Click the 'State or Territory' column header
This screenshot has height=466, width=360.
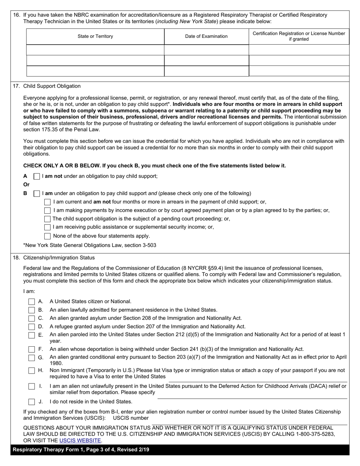pyautogui.click(x=95, y=36)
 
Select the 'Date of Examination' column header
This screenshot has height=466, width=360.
pyautogui.click(x=206, y=36)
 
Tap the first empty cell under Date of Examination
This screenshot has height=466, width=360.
pyautogui.click(x=206, y=50)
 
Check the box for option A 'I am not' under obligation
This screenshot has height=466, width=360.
pyautogui.click(x=37, y=176)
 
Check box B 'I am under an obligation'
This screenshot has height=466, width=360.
pyautogui.click(x=37, y=193)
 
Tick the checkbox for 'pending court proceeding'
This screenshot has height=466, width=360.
pyautogui.click(x=47, y=219)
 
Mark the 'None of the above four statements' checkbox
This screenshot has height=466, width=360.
pyautogui.click(x=47, y=236)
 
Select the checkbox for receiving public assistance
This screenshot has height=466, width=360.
pyautogui.click(x=47, y=227)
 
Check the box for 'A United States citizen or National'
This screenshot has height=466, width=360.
pyautogui.click(x=32, y=302)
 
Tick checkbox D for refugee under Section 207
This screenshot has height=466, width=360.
pyautogui.click(x=32, y=327)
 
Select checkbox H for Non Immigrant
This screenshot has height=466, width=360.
pyautogui.click(x=32, y=371)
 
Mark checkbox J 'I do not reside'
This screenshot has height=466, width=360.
pyautogui.click(x=32, y=402)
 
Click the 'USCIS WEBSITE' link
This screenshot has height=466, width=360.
pyautogui.click(x=80, y=441)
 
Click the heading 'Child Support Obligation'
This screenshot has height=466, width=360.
pyautogui.click(x=52, y=86)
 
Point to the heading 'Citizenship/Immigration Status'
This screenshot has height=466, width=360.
pyautogui.click(x=59, y=258)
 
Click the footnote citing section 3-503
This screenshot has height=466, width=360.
pyautogui.click(x=90, y=246)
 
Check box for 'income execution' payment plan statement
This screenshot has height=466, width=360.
pyautogui.click(x=47, y=210)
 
